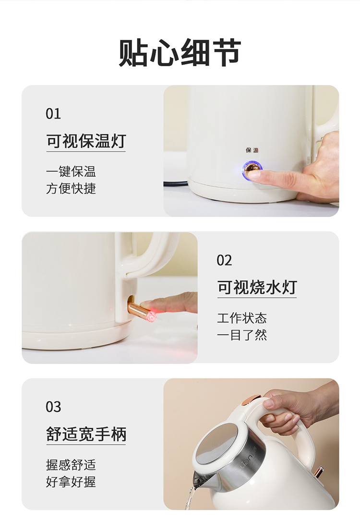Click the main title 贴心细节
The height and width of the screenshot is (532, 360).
pos(180,53)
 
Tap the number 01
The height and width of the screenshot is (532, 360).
pos(53,114)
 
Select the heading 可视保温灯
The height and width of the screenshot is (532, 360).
pos(86,141)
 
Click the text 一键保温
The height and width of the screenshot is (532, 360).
pos(71,171)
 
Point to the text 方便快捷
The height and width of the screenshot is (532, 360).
pos(71,188)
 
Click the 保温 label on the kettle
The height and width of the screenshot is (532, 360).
pos(252,150)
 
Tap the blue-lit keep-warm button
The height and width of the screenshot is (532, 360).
pos(252,170)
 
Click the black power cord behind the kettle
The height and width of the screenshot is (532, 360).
pos(176,183)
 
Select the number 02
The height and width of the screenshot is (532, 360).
pos(224,260)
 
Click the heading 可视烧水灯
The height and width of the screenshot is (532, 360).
pos(257,288)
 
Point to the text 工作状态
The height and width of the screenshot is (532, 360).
pos(242,318)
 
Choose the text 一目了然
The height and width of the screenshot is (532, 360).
pos(242,335)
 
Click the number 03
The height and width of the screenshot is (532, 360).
pos(53,407)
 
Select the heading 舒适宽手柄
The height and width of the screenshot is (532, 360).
pos(86,434)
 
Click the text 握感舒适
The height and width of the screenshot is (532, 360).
pos(71,464)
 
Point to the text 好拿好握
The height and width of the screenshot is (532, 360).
pos(71,482)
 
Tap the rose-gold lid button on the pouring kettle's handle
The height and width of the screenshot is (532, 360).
pos(250,400)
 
